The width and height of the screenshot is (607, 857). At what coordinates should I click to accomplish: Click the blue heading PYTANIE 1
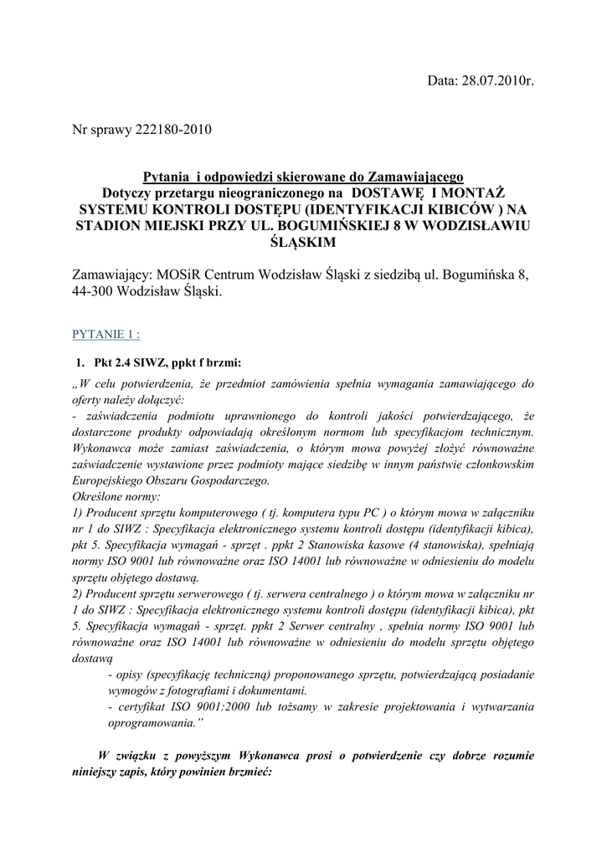[x=106, y=335]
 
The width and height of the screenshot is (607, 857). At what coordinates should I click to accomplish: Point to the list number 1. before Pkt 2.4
[x=80, y=362]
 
